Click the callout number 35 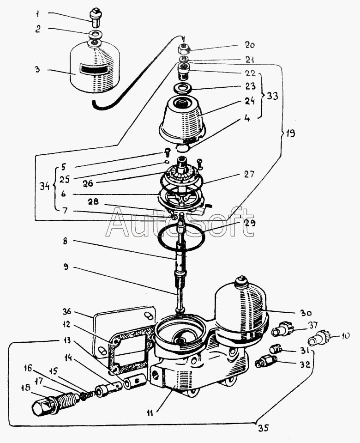263,428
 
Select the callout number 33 272,97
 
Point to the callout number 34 45,187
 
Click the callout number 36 67,312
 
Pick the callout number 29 250,223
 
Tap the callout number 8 65,242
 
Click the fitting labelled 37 283,329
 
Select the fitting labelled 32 265,362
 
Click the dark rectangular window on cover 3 94,69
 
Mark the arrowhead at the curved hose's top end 184,40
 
